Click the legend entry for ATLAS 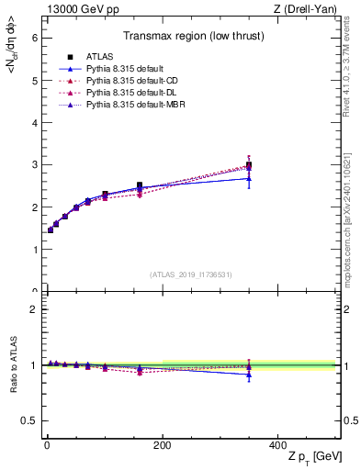98,56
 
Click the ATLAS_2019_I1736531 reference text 191,274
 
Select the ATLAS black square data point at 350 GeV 249,166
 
